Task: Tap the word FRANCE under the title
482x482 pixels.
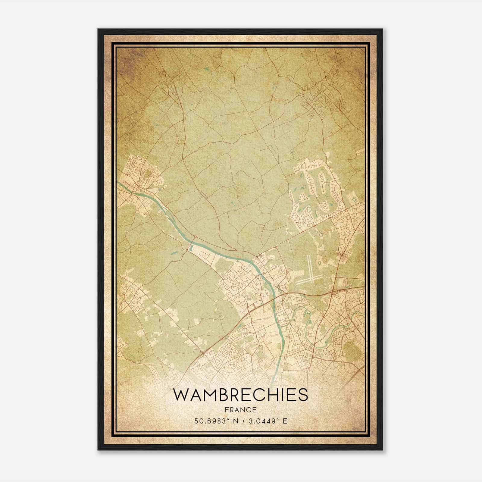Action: coord(240,410)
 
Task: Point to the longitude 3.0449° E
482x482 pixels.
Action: coord(268,421)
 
